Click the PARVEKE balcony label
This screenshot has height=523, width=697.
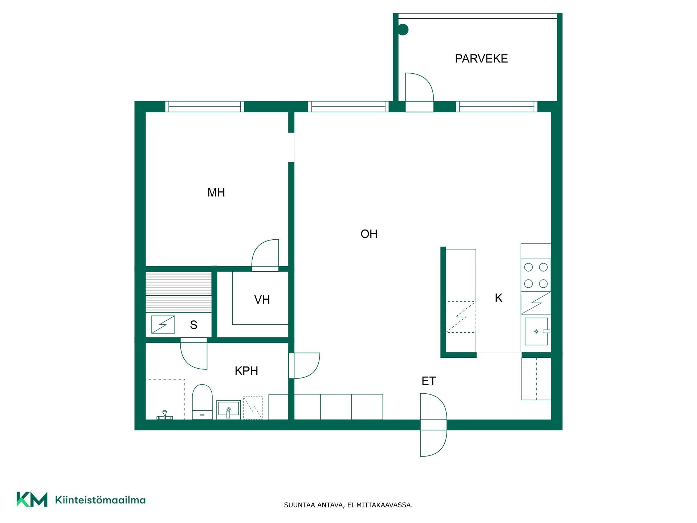pos(481,58)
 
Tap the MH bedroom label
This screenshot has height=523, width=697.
pos(216,192)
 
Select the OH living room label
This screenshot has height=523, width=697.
pos(369,234)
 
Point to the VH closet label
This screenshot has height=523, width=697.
pos(262,300)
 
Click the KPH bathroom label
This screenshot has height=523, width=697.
pos(246,371)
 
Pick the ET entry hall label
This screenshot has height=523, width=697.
pos(428,381)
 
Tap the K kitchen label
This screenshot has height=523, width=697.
pos(498,298)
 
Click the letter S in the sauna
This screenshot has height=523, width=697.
pos(193,325)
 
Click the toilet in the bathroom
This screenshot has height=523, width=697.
pos(202,402)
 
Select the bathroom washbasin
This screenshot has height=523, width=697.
pos(228,409)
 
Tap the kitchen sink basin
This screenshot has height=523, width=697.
pos(536,331)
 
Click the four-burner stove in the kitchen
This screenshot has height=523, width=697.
pos(536,275)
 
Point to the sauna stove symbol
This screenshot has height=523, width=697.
pos(163,325)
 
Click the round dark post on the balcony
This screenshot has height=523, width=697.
pos(403,29)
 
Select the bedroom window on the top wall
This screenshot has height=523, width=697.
pos(205,106)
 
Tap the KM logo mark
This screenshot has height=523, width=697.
pos(32,499)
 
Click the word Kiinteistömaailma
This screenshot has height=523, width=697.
pos(100,500)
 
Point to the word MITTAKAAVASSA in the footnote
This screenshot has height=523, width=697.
pos(384,505)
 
